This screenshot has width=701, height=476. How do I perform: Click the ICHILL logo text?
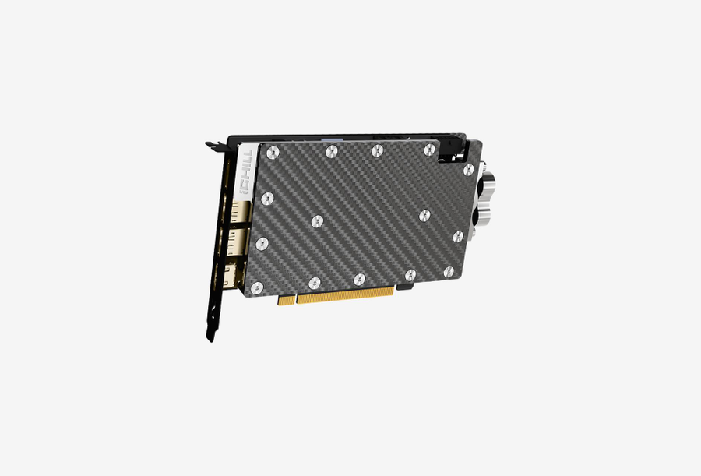[246, 172]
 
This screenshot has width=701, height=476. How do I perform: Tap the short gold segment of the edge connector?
[287, 299]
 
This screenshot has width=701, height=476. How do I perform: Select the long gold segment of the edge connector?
[345, 294]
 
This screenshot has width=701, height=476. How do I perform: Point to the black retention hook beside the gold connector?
[404, 286]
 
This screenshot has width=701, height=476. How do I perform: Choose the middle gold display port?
[237, 242]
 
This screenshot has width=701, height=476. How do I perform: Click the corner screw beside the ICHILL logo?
[273, 153]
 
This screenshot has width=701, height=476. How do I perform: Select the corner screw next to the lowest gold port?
[256, 288]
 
